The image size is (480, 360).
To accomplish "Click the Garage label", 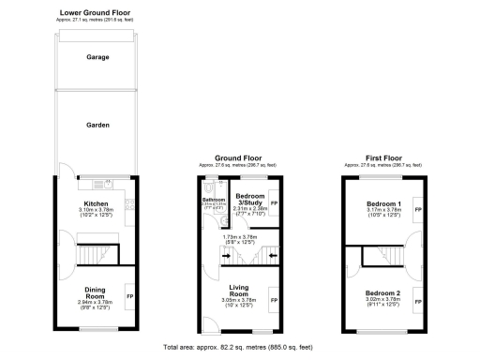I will point(98,57).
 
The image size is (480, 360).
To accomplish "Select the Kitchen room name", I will point(97,202).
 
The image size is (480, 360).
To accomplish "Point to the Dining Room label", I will point(96,292).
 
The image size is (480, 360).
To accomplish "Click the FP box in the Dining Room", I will point(129,297).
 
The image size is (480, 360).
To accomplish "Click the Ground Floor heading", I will point(238,157).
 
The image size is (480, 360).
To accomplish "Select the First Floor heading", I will point(382,157).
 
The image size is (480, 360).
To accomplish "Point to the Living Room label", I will point(238,292).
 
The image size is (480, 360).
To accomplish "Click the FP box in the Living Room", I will point(274,300).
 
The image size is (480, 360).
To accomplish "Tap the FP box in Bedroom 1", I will point(418,209).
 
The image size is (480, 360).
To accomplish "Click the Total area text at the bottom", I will point(238,348).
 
